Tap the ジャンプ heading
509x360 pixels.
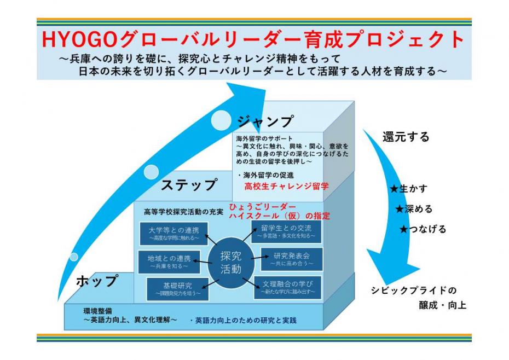point(265,121)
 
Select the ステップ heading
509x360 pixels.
point(189,184)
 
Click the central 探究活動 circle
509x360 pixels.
point(230,262)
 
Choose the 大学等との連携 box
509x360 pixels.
point(173,234)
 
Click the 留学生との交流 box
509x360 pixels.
point(286,232)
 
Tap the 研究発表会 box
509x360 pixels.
point(291,259)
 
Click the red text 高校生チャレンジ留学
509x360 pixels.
point(287,187)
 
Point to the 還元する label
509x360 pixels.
point(406,137)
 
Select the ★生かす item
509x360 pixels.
point(408,189)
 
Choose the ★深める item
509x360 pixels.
point(414,209)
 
